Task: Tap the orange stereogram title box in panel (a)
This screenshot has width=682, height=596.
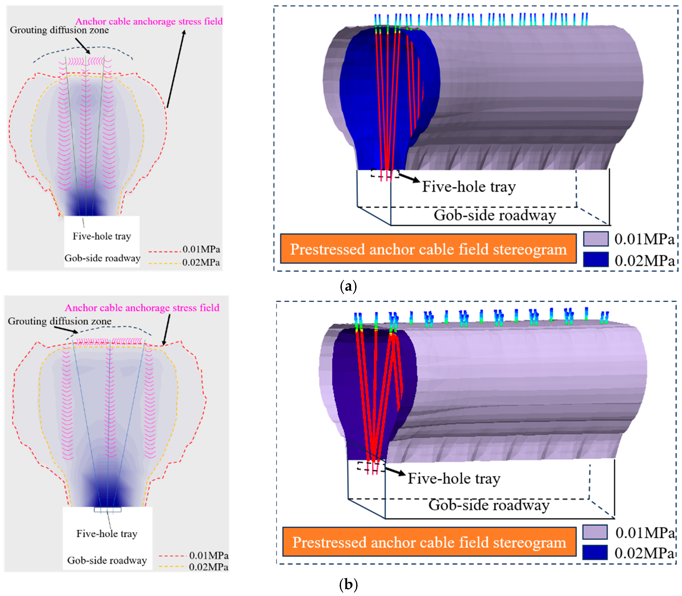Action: coord(428,249)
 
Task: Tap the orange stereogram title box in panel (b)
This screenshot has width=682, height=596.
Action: coord(429,542)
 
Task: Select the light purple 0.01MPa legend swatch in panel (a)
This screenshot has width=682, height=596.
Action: coord(595,239)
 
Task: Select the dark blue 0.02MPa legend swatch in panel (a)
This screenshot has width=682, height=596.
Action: coord(595,260)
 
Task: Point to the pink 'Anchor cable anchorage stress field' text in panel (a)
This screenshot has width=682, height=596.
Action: coord(149,21)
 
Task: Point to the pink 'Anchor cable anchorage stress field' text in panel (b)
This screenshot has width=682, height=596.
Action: coord(142,308)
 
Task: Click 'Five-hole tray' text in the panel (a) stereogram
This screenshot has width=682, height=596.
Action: coord(469,187)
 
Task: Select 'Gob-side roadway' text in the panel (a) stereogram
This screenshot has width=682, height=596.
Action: coord(495,215)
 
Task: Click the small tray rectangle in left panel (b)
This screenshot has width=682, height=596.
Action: coord(108,509)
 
